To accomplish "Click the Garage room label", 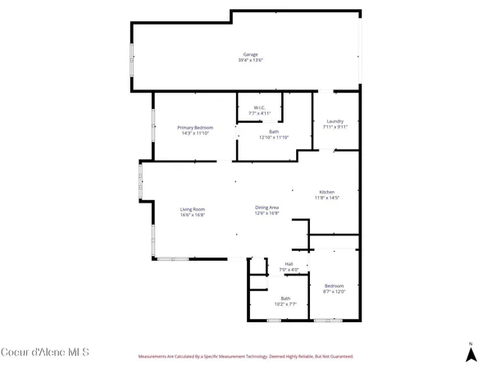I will pyautogui.click(x=250, y=54).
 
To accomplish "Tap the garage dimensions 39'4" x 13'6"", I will pyautogui.click(x=250, y=61).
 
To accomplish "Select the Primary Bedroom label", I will pyautogui.click(x=196, y=127).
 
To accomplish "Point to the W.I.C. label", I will pyautogui.click(x=259, y=107).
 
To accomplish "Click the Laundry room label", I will pyautogui.click(x=335, y=121).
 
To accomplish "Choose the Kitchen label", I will pyautogui.click(x=326, y=192).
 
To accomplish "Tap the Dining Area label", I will pyautogui.click(x=267, y=207).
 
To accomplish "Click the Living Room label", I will pyautogui.click(x=193, y=209).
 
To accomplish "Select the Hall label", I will pyautogui.click(x=289, y=263).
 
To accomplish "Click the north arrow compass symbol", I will pyautogui.click(x=471, y=353).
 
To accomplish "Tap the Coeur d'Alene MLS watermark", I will pyautogui.click(x=44, y=353).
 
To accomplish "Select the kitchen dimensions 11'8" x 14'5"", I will pyautogui.click(x=326, y=198).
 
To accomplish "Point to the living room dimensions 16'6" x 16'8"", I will pyautogui.click(x=193, y=215).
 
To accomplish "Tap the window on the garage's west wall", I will pyautogui.click(x=133, y=60).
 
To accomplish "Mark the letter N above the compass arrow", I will pyautogui.click(x=471, y=343).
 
